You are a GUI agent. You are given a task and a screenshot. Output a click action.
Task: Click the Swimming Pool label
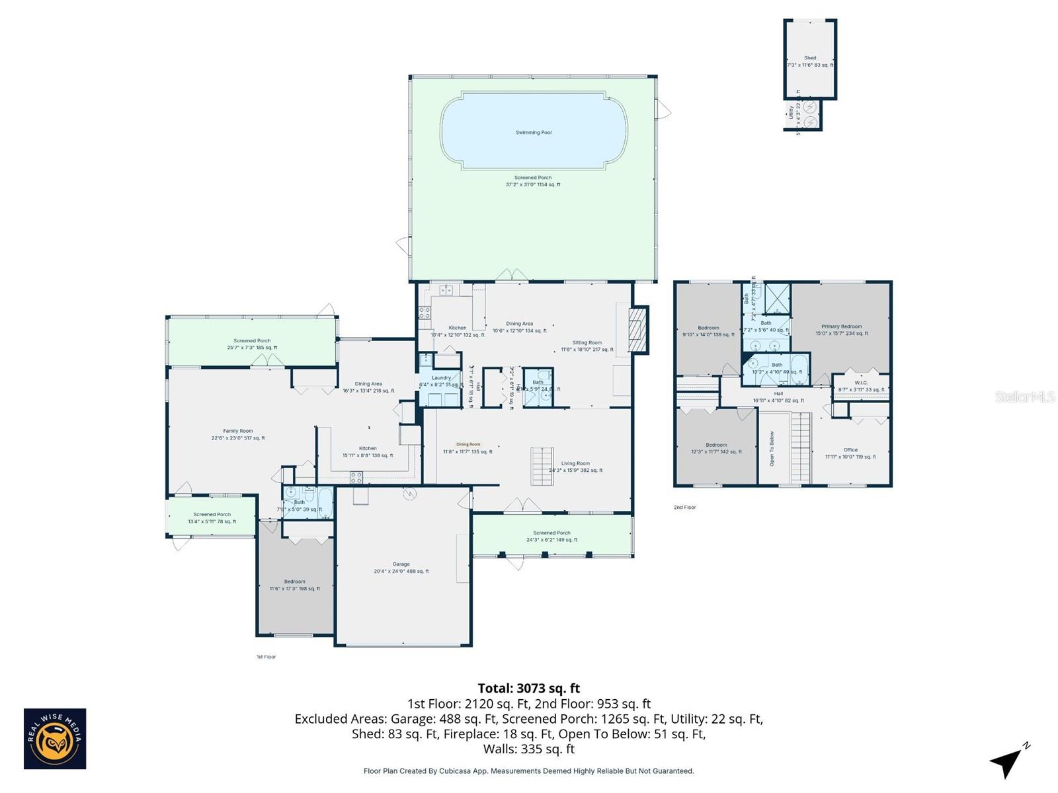point(533,133)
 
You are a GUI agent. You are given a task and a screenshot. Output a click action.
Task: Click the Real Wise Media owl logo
point(55,738)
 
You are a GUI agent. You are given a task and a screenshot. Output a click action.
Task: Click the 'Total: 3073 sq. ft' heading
point(528,689)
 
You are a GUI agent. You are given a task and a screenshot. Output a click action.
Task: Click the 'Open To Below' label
point(772,449)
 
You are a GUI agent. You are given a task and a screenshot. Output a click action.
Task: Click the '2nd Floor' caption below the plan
point(684,508)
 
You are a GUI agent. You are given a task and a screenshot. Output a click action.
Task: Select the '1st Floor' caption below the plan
point(266,657)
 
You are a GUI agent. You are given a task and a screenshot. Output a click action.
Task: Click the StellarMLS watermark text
point(1024,397)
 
